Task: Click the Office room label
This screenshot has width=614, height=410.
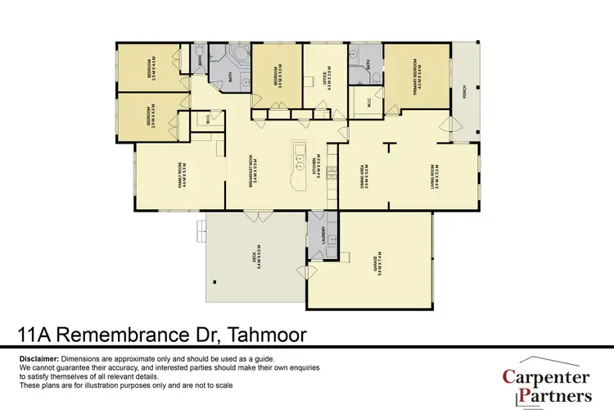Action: click(x=326, y=76)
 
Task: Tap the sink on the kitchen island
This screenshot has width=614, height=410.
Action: click(x=300, y=153)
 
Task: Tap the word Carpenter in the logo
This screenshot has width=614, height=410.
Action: click(x=547, y=378)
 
